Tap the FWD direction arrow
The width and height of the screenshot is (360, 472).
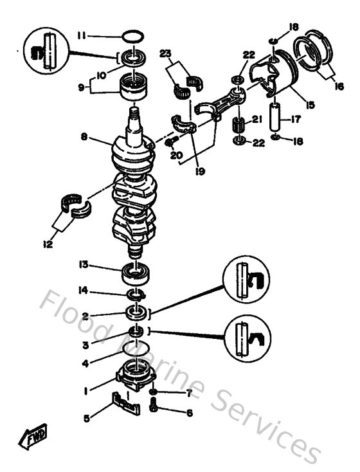click(32, 440)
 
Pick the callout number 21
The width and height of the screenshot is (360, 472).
click(255, 119)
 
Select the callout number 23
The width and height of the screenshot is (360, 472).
click(165, 55)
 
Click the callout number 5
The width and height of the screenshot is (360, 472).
click(86, 417)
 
